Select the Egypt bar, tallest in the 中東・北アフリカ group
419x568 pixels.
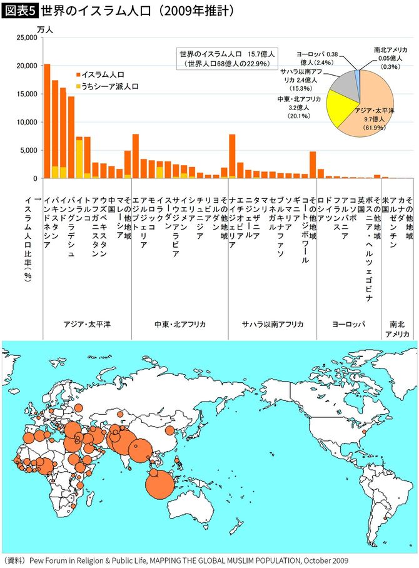136,156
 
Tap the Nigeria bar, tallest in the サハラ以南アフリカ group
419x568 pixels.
232,156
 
